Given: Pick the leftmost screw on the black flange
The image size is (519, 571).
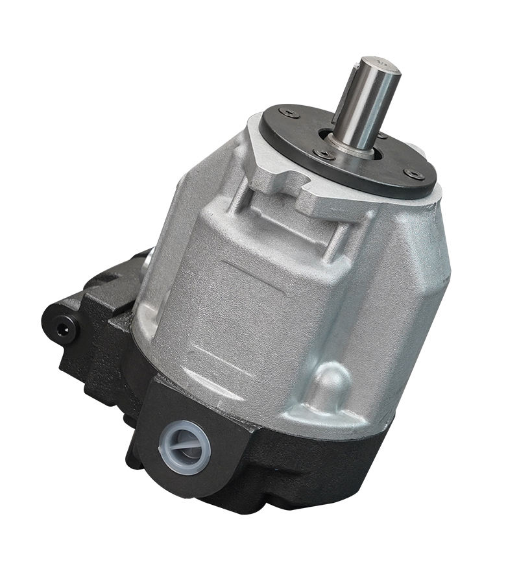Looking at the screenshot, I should tap(288, 114).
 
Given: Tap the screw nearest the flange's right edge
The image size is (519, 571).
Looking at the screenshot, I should tap(413, 173).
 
